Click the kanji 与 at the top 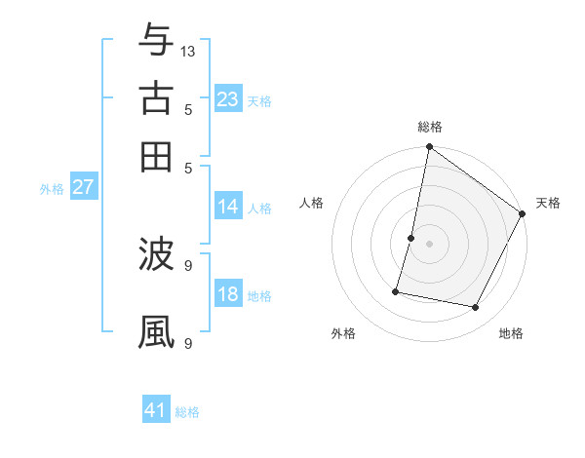(x=157, y=41)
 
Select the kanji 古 (x=157, y=98)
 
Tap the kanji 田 (x=157, y=155)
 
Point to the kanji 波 (x=157, y=255)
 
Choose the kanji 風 (x=157, y=331)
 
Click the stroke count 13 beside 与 (x=188, y=51)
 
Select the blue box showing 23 (x=228, y=99)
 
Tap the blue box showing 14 (x=228, y=206)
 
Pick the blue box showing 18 (x=228, y=294)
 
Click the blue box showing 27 (x=83, y=187)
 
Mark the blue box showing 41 (x=156, y=410)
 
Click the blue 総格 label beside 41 (x=187, y=412)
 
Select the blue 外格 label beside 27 (x=51, y=189)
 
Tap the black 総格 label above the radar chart (x=430, y=127)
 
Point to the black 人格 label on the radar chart (x=312, y=203)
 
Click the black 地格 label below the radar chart (x=511, y=333)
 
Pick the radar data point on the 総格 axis (x=429, y=148)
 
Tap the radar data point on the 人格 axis (x=411, y=238)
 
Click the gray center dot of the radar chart (x=429, y=244)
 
